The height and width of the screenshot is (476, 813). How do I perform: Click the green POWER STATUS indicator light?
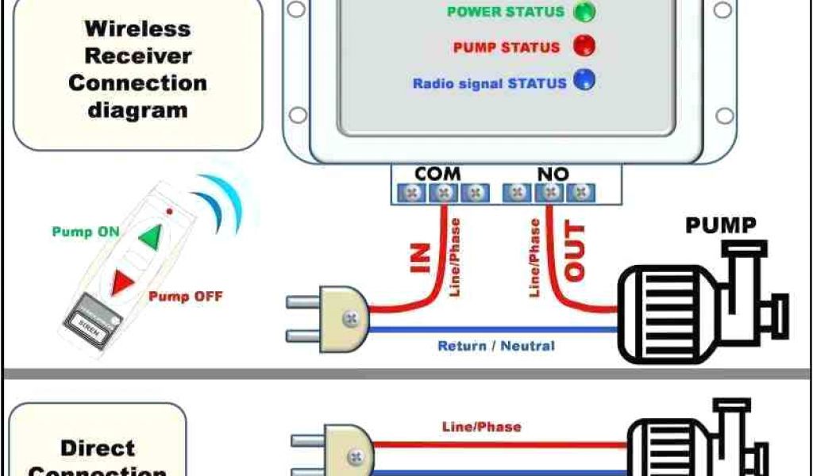coord(584,11)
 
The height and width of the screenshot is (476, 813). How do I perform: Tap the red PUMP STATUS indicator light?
coord(584,46)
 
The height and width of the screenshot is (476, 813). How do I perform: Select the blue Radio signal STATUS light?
coord(584,81)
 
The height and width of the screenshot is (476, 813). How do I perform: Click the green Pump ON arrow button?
coord(150,236)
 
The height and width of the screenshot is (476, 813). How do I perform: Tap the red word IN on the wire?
coord(421,257)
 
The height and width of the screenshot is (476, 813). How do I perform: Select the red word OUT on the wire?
coord(574,252)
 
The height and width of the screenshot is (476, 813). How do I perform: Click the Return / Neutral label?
coord(496,346)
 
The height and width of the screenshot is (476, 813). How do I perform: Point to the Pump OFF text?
coord(186,297)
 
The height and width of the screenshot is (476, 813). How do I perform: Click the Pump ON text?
coord(85,232)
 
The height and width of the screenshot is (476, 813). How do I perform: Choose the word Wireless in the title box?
coord(137,29)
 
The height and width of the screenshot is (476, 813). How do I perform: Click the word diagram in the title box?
coord(137,109)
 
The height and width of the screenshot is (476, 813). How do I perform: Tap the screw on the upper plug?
coord(349,319)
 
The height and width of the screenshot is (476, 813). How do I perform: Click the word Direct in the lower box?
coord(98,447)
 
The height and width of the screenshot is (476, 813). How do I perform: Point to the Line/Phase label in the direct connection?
coord(481,427)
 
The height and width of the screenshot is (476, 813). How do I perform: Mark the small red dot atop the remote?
coord(169,212)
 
